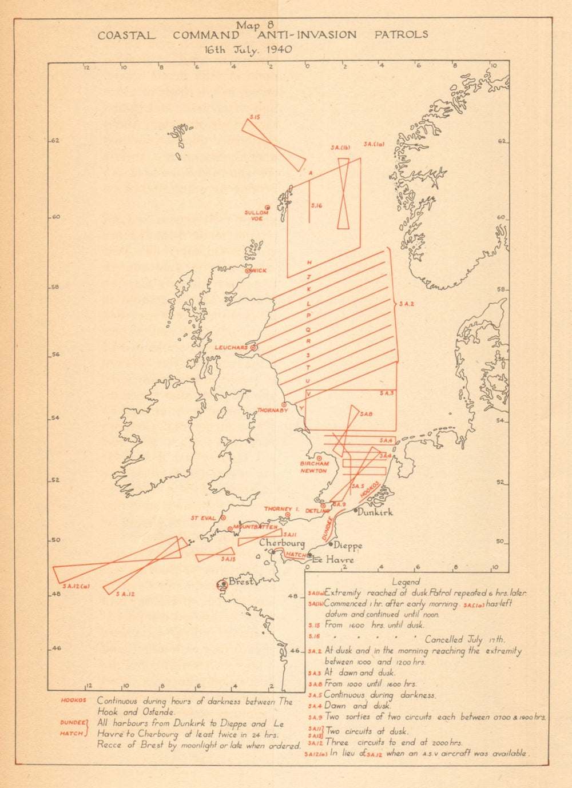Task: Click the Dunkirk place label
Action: coord(375,512)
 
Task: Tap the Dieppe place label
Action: coord(348,546)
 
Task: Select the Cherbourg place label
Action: coord(282,543)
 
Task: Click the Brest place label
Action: coord(240,582)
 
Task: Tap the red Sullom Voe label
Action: coord(257,216)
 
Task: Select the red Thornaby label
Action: coord(272,410)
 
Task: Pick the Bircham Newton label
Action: coord(314,467)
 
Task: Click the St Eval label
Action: coord(204,518)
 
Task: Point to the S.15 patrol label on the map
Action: coord(255,117)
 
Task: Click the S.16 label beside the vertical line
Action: coord(317,205)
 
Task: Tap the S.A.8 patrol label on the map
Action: coord(367,414)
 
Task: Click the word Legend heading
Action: coord(406,582)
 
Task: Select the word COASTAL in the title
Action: coord(126,35)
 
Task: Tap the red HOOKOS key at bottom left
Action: coord(74,700)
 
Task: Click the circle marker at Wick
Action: coord(248,271)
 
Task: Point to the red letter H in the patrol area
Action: coord(309,262)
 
